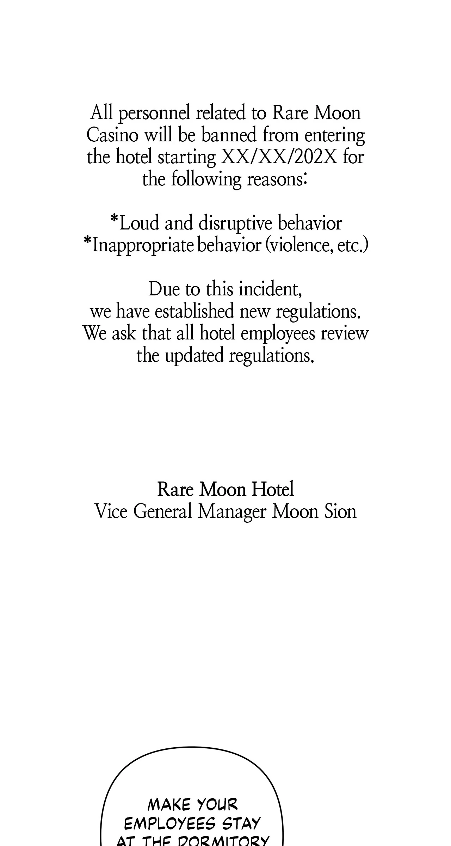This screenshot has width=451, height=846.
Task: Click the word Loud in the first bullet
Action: point(139,223)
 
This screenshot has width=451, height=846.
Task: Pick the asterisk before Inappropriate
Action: point(87,243)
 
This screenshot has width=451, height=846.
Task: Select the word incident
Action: point(270,289)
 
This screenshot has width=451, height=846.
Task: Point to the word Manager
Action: point(231,512)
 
